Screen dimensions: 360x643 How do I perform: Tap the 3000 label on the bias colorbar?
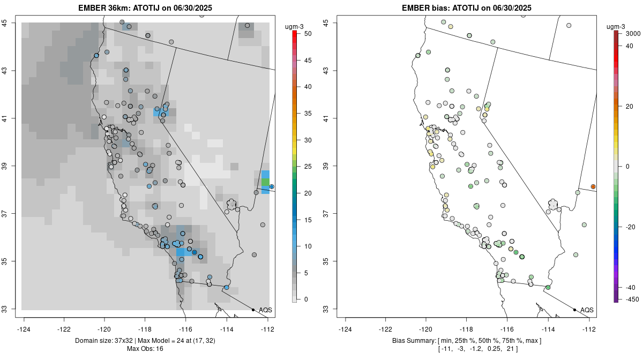point(633,33)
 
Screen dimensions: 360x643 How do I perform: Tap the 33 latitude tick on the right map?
point(326,309)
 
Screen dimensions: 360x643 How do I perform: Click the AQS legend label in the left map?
point(265,310)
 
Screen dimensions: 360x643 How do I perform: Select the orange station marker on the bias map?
point(593,186)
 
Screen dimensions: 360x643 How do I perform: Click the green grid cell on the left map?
point(265,183)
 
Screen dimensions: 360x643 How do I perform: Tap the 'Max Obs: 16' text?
point(145,349)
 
